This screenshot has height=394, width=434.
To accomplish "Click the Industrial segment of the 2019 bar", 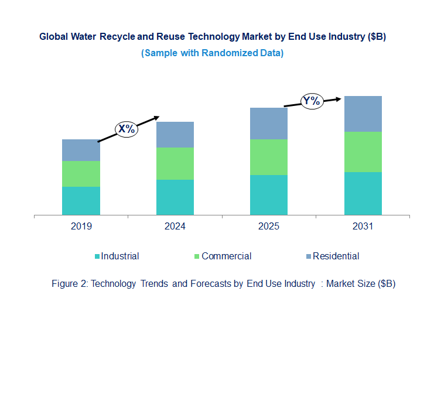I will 81,201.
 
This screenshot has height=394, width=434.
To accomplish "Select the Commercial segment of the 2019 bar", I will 81,174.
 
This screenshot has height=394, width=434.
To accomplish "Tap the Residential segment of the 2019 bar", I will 81,150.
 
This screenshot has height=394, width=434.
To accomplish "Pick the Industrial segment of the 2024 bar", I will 175,197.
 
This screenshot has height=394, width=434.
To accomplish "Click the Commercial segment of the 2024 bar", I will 175,163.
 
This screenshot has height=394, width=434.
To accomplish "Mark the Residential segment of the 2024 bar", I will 175,135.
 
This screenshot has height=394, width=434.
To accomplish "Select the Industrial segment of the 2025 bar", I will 268,195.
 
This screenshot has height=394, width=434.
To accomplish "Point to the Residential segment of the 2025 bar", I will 268,124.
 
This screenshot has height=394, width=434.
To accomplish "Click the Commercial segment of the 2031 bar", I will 363,152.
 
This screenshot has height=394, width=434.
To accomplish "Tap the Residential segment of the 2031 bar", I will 363,114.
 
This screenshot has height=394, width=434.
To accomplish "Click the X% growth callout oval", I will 126,129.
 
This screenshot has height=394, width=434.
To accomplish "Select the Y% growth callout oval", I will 312,101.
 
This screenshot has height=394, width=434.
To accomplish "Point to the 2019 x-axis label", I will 81,227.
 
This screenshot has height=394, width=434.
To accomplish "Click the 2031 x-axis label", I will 363,227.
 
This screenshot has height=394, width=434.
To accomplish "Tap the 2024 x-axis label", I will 175,227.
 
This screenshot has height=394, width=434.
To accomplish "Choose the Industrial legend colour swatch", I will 97,256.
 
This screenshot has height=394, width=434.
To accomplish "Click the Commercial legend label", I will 226,256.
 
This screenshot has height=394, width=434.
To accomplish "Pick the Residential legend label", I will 336,256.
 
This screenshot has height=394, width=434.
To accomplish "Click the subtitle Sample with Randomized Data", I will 213,53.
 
